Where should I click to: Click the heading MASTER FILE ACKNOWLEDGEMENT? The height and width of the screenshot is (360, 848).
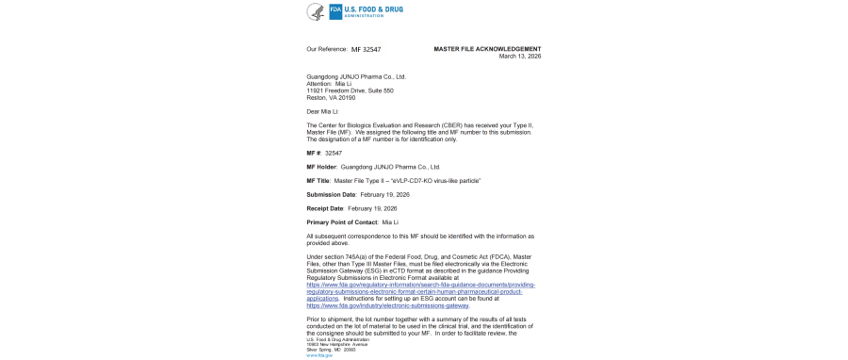pos(487,48)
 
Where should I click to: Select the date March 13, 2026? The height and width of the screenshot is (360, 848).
pos(520,56)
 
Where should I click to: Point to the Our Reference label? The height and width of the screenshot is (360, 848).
pos(326,48)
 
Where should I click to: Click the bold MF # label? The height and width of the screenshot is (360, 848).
pos(314,152)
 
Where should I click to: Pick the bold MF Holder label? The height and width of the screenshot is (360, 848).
pos(321,166)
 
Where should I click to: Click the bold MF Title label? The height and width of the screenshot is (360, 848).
pos(318,180)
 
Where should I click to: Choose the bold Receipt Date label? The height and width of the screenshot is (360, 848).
pos(325,207)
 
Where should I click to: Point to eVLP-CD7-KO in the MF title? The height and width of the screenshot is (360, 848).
pos(409,180)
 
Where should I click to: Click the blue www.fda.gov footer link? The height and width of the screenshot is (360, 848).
pos(319,355)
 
